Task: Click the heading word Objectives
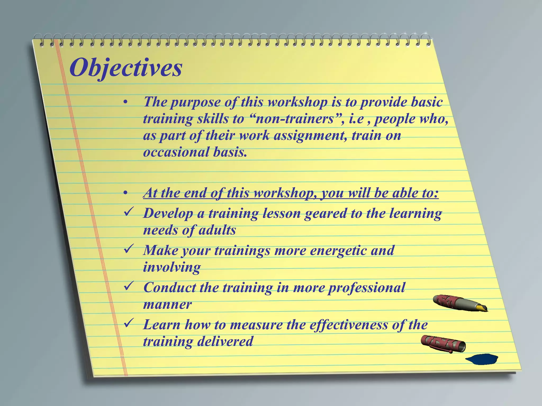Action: point(126,68)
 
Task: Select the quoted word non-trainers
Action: point(295,119)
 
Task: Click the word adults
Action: point(217,230)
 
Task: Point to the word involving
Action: point(172,267)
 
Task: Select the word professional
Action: point(367,288)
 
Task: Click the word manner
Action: point(167,304)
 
